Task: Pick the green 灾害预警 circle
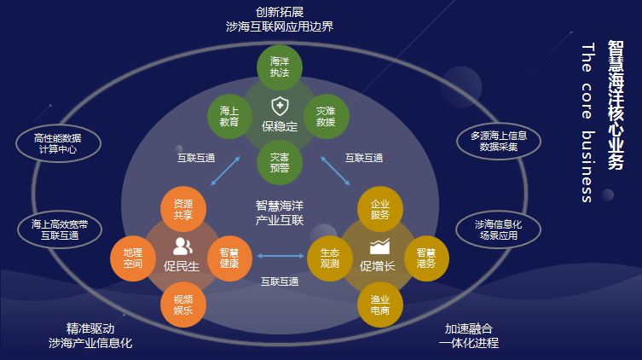280,162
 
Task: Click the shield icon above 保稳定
279,107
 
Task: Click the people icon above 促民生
182,247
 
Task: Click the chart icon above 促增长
379,247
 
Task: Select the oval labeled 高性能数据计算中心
58,142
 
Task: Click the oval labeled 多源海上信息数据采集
499,141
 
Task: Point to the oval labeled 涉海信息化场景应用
499,229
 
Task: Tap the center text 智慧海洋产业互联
280,212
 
